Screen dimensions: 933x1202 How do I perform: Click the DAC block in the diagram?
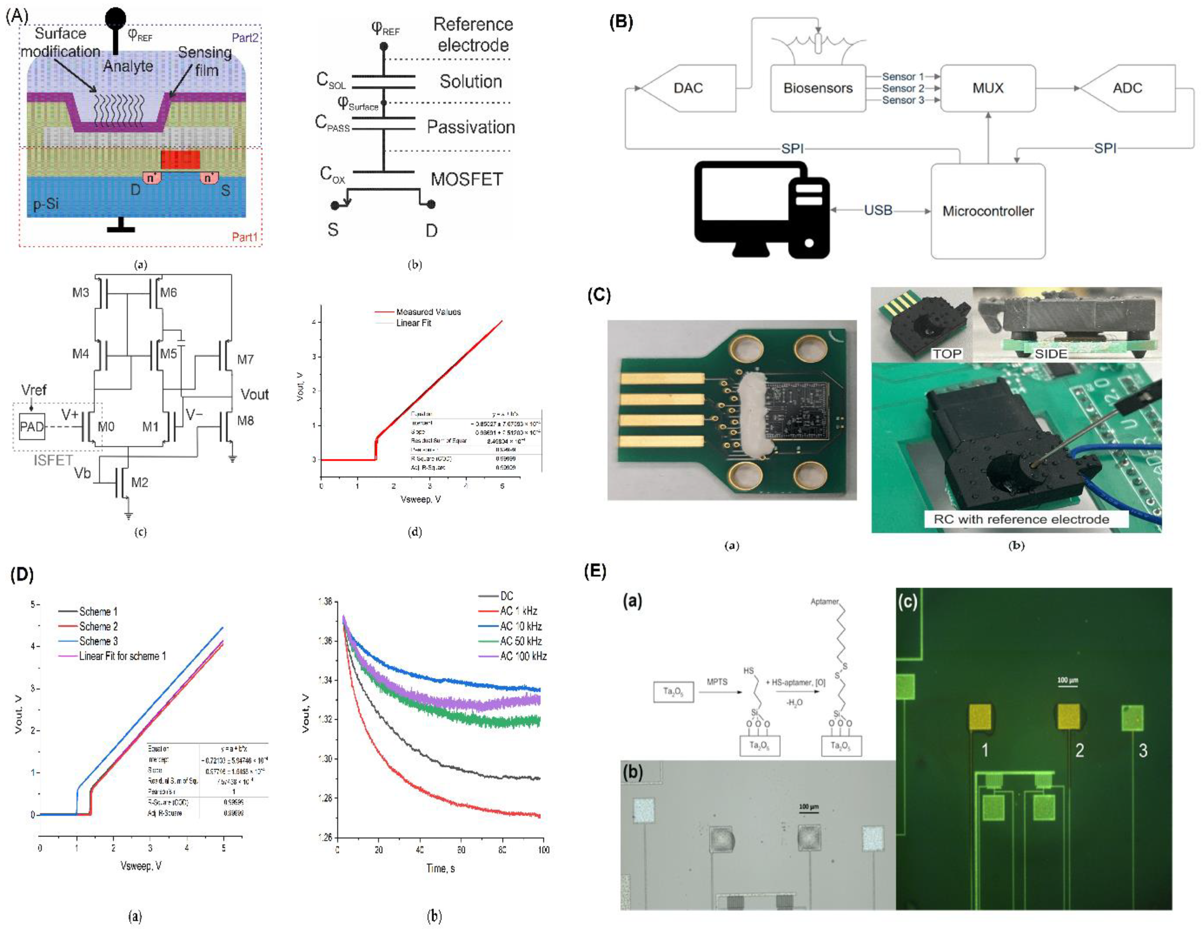coord(688,88)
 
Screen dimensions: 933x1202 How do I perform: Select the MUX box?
coord(988,88)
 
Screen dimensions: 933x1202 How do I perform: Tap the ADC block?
coord(1127,88)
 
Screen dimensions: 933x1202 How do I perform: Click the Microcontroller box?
coord(988,211)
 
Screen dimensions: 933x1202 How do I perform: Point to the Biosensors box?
coord(818,88)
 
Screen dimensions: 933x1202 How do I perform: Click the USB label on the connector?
coord(878,210)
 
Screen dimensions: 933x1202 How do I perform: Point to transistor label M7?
coord(246,359)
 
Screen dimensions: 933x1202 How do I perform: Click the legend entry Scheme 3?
coord(98,641)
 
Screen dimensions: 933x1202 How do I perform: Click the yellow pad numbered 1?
coord(980,718)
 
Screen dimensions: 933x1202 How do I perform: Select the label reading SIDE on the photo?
coord(1051,353)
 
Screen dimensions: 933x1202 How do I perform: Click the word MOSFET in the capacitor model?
coord(467,179)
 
